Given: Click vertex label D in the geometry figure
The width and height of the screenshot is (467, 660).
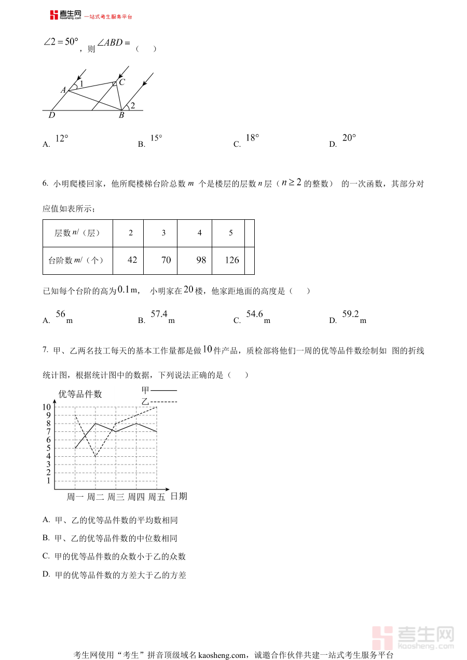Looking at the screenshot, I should click(x=52, y=115).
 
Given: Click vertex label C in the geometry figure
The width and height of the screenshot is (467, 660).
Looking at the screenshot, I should click(x=122, y=82).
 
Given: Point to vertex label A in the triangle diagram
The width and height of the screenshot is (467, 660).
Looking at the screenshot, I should click(x=63, y=90).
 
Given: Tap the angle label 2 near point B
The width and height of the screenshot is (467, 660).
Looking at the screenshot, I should click(x=133, y=106).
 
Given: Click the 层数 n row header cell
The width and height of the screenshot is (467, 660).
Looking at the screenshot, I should click(x=77, y=233).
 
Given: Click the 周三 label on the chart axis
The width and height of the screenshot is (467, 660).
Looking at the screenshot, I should click(x=116, y=497).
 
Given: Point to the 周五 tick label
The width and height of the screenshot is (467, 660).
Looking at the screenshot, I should click(x=156, y=497).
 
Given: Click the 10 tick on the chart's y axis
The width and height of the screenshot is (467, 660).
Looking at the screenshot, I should click(x=47, y=407).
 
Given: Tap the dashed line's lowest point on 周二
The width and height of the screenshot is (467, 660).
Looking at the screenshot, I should click(x=95, y=456).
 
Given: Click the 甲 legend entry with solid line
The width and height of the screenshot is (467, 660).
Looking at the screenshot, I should click(x=159, y=390).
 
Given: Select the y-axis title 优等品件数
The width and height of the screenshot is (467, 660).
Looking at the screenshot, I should click(x=80, y=394).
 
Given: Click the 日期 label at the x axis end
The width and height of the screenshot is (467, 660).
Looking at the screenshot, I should click(x=179, y=496).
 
